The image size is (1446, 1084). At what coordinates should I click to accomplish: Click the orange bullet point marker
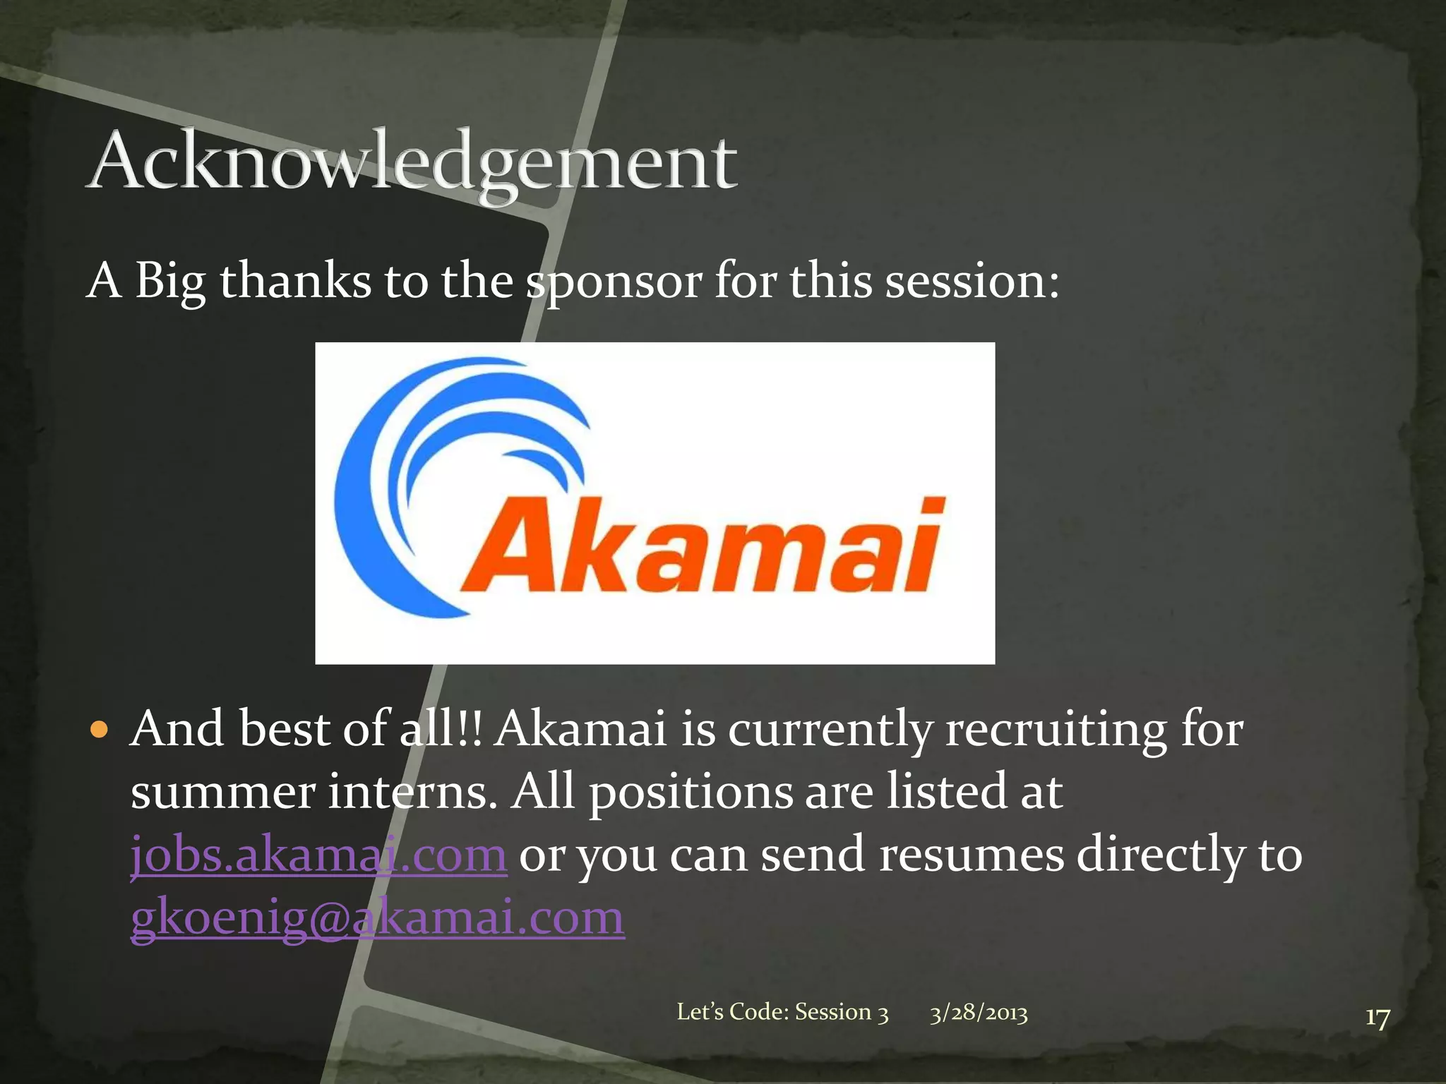coord(101,729)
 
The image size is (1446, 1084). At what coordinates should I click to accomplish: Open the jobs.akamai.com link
coord(318,855)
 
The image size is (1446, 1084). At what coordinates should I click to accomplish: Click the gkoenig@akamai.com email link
coord(378,917)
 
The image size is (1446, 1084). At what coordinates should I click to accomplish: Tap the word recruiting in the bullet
coord(1056,729)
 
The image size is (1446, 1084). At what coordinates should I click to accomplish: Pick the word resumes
coord(972,855)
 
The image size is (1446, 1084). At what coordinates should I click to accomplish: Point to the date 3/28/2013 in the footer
coord(979,1013)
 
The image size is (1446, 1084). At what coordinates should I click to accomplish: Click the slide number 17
coord(1377,1018)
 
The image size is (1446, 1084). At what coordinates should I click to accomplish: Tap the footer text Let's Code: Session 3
coord(782,1012)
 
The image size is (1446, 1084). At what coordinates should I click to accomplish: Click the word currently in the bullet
coord(830,730)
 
